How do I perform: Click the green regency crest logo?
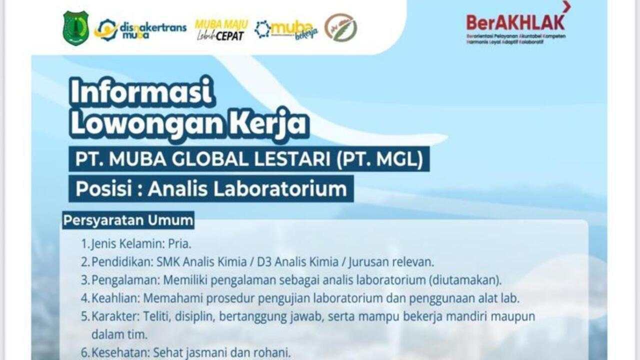coord(76,28)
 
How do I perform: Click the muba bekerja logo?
coord(286,29)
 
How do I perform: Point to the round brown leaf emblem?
coord(340,27)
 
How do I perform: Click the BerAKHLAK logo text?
coord(515,22)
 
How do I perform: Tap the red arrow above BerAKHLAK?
coord(566,6)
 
